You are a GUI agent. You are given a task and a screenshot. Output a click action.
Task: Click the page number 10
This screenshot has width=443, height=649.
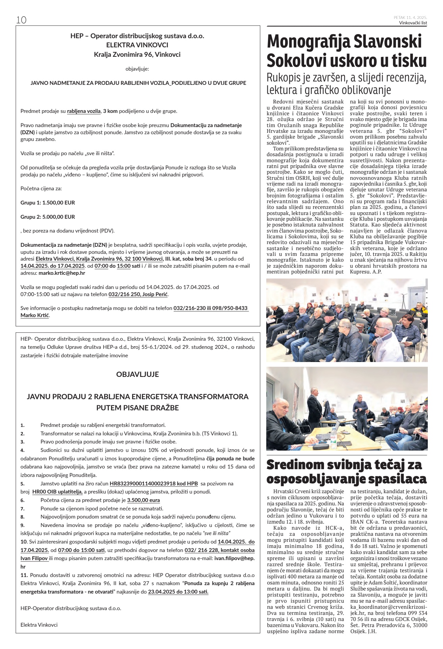pyautogui.click(x=21, y=20)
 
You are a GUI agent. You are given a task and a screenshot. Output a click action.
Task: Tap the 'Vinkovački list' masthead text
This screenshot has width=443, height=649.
pyautogui.click(x=413, y=23)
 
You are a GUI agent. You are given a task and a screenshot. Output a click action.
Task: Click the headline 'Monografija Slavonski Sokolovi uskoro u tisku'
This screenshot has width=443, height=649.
pyautogui.click(x=347, y=51)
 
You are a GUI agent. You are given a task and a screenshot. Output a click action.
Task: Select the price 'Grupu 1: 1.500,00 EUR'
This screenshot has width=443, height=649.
pyautogui.click(x=48, y=203)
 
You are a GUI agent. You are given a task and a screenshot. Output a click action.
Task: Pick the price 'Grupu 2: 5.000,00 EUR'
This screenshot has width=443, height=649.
pyautogui.click(x=48, y=217)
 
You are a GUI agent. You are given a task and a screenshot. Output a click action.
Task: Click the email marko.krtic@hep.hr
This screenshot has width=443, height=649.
pyautogui.click(x=62, y=273)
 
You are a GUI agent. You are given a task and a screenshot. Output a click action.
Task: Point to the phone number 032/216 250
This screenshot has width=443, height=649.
pyautogui.click(x=124, y=294)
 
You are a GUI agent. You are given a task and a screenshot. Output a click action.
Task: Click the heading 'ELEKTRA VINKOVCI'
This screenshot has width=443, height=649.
pyautogui.click(x=137, y=45)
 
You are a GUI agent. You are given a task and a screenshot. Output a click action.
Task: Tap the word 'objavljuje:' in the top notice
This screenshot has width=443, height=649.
pyautogui.click(x=137, y=69)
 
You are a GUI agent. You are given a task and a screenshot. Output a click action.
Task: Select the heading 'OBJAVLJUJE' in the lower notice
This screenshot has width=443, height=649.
pyautogui.click(x=138, y=375)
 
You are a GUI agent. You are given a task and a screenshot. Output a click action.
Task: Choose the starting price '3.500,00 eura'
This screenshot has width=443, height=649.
pyautogui.click(x=144, y=500)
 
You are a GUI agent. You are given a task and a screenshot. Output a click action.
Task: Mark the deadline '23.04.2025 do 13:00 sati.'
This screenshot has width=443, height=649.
pyautogui.click(x=178, y=592)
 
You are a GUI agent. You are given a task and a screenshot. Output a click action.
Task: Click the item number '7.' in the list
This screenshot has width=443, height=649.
pyautogui.click(x=23, y=509)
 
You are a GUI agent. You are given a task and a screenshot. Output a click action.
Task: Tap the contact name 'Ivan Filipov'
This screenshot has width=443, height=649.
pyautogui.click(x=34, y=559)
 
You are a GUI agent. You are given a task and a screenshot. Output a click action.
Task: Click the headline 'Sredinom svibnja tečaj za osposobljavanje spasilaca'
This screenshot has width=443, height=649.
pyautogui.click(x=347, y=472)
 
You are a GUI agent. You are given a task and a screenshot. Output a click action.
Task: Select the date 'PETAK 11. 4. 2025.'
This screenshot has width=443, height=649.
pyautogui.click(x=410, y=18)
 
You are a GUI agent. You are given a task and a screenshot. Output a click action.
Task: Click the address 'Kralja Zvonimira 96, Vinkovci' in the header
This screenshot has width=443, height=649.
pyautogui.click(x=137, y=54)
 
